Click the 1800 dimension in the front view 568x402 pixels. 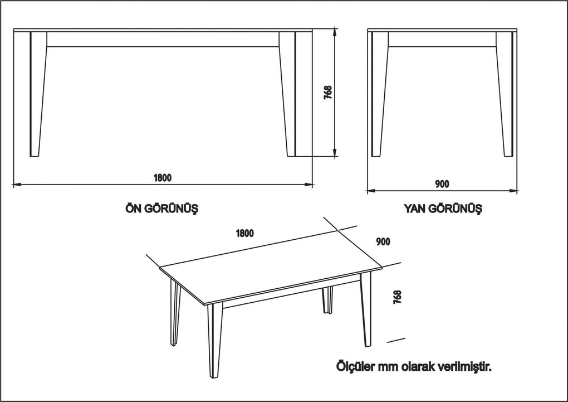tap(163, 178)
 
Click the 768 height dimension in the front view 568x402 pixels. tap(328, 93)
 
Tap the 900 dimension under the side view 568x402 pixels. tap(442, 184)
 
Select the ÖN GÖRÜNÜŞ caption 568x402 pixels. tap(162, 209)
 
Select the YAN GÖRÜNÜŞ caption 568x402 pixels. tap(443, 209)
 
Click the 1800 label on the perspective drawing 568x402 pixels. tap(244, 233)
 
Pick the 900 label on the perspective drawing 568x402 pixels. tap(383, 241)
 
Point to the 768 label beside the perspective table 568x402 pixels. tap(397, 296)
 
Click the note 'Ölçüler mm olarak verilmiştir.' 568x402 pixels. tap(414, 367)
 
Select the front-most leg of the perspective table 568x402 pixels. tap(214, 340)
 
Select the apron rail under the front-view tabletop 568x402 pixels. tap(163, 39)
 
